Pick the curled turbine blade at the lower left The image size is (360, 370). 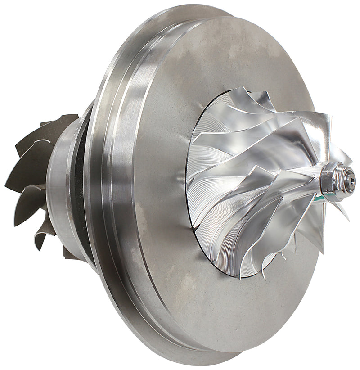tap(43, 234)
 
